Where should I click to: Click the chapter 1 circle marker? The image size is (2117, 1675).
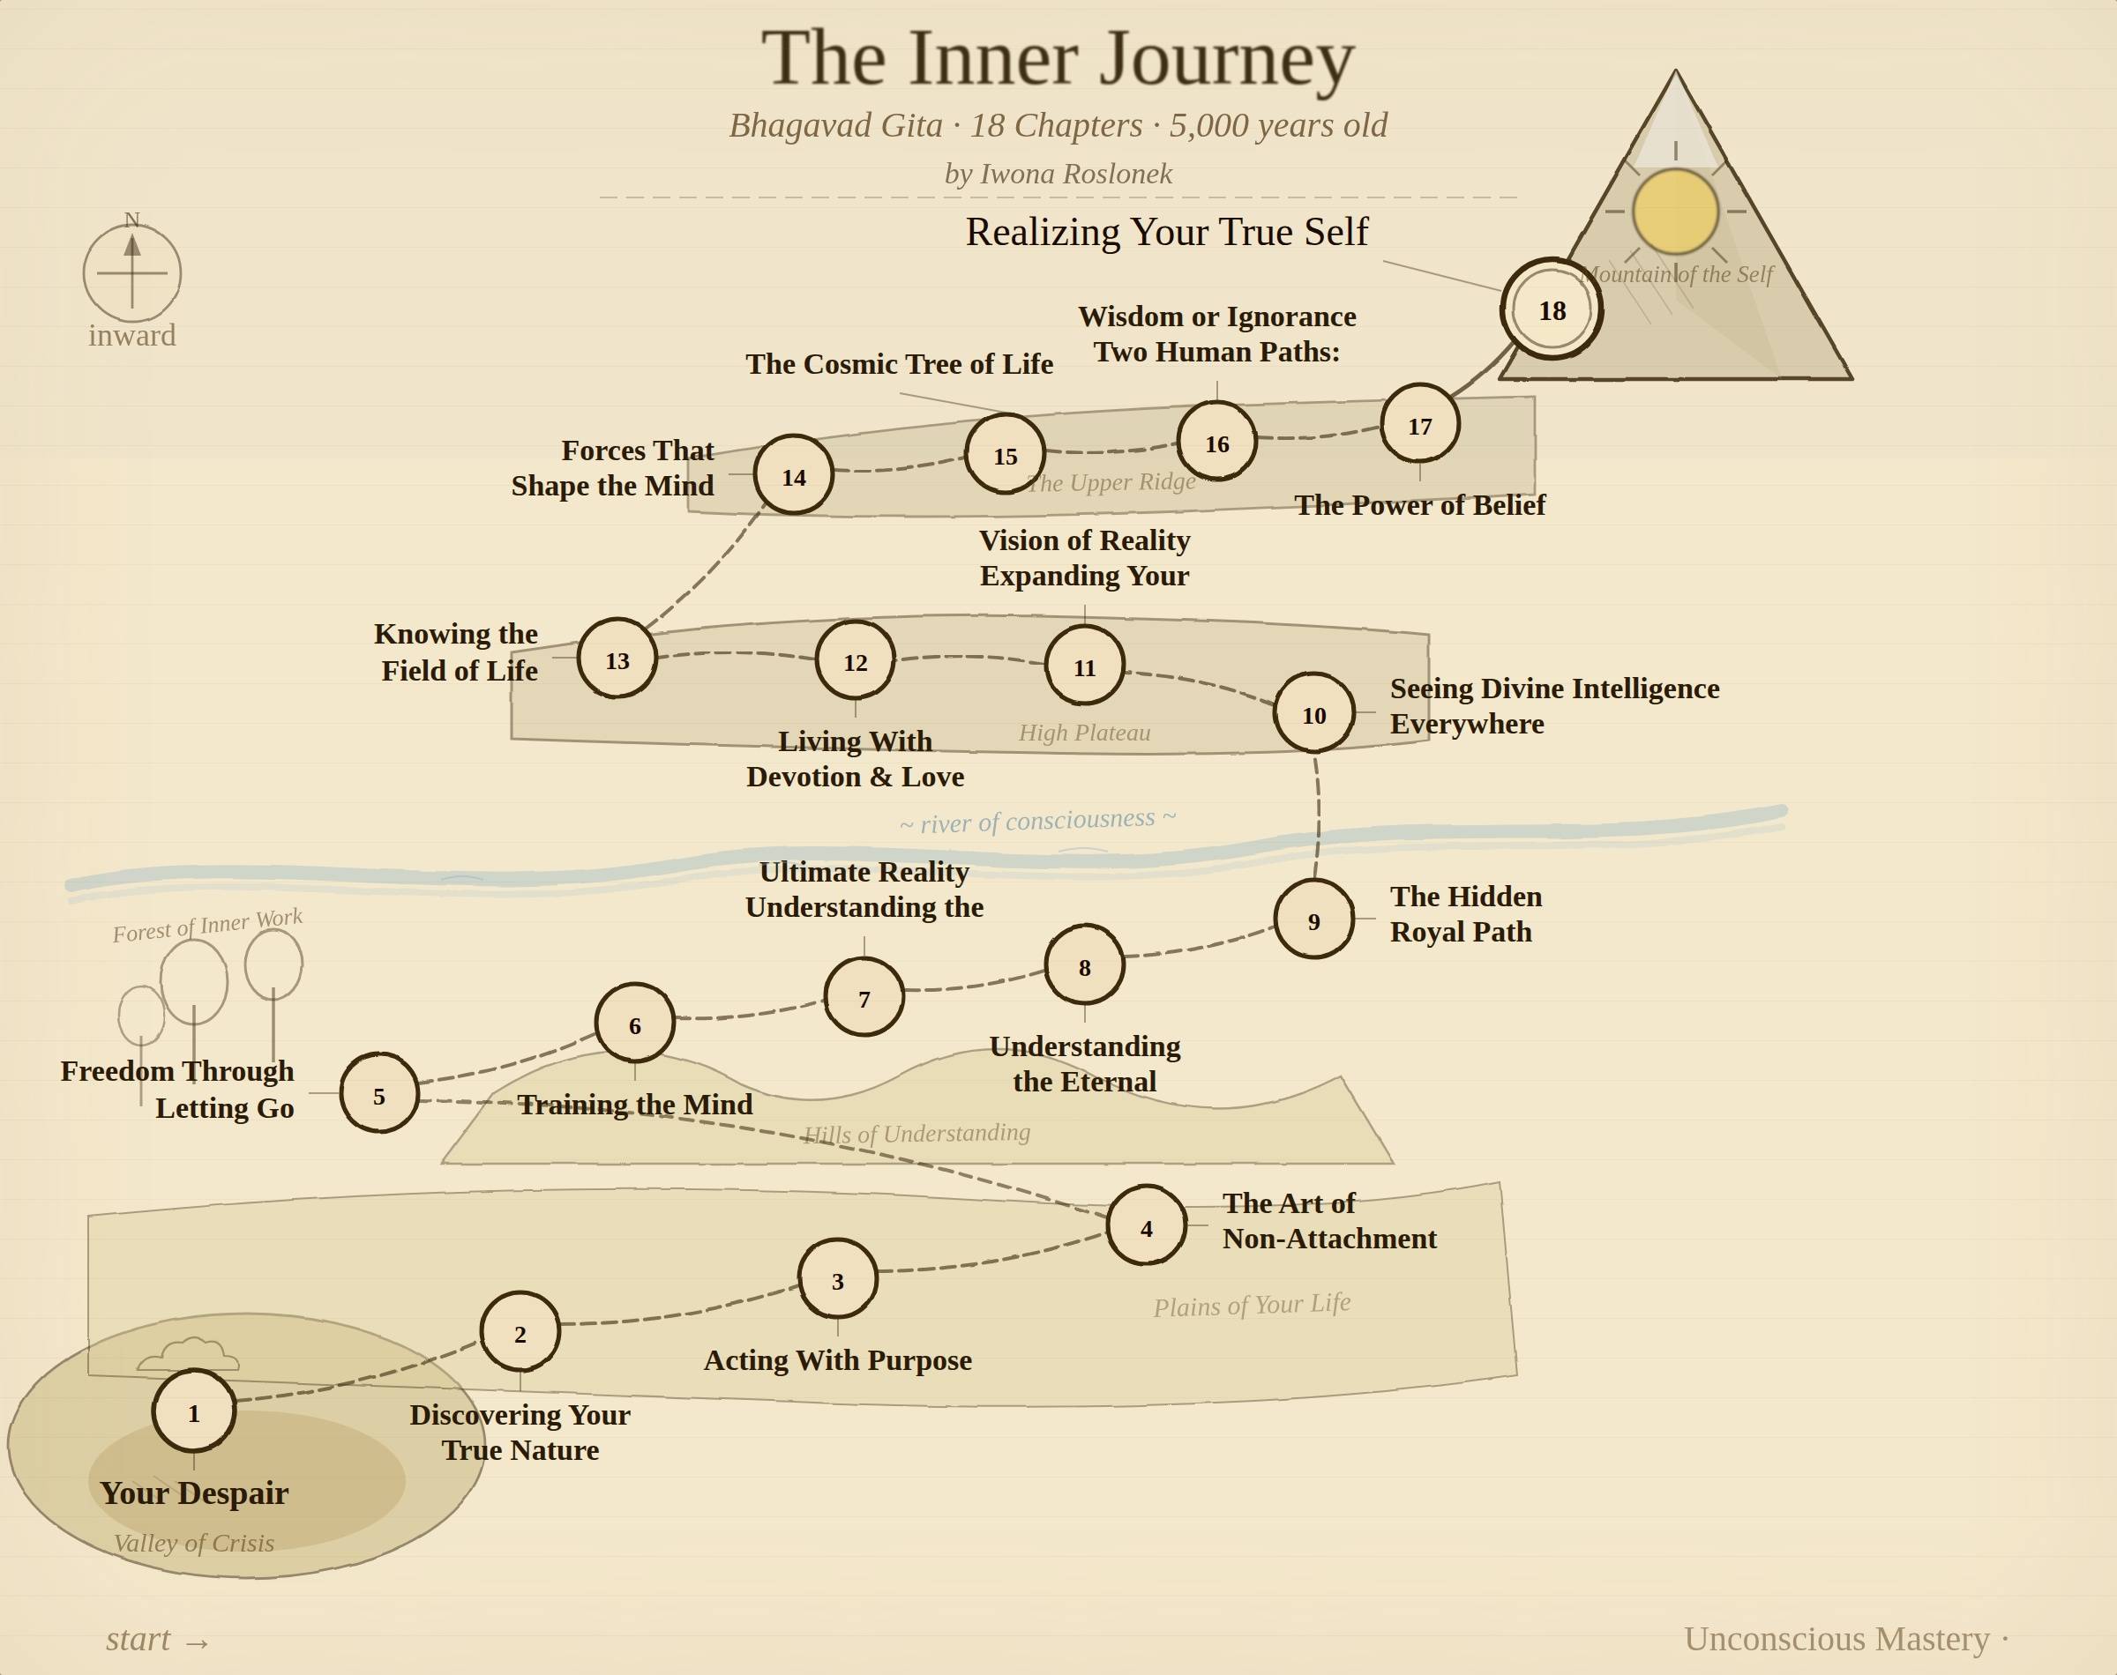point(194,1411)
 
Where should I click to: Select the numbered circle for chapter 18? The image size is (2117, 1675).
point(1551,310)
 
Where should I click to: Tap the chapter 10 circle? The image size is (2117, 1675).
point(1313,714)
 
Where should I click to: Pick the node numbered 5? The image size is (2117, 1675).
point(378,1094)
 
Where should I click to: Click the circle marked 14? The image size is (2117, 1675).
point(794,476)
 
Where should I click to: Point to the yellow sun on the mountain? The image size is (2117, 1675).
point(1674,211)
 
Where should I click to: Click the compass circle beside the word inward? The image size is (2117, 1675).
point(132,272)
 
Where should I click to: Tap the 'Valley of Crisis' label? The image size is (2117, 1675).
point(194,1543)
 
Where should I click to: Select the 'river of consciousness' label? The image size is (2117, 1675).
point(1037,821)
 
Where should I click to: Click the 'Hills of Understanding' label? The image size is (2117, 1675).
point(916,1134)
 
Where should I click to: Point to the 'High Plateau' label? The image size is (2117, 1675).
point(1084,733)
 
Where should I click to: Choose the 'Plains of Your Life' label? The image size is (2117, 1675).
point(1252,1306)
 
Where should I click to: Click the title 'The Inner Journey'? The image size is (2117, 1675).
point(1058,59)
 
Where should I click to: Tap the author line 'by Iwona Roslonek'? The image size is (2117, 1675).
point(1058,174)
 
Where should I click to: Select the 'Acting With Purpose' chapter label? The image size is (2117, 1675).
point(838,1360)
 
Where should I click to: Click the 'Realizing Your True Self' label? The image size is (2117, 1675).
point(1166,233)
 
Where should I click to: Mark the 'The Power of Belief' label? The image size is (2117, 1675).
point(1419,505)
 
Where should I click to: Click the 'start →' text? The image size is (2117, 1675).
point(158,1640)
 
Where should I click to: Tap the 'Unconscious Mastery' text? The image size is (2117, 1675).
point(1836,1639)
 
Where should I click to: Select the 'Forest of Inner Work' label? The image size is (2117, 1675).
point(207,925)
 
